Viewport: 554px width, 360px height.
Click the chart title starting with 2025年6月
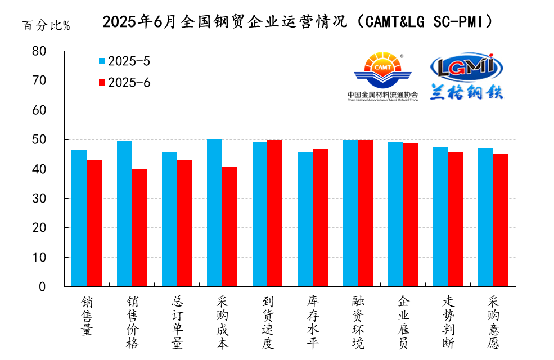tap(298, 22)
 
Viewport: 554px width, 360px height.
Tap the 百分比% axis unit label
tap(46, 26)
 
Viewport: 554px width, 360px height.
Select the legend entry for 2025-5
tap(124, 61)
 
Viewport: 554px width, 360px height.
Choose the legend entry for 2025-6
tap(124, 82)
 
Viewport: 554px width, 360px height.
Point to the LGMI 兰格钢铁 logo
tap(466, 76)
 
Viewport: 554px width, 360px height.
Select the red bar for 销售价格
tap(139, 228)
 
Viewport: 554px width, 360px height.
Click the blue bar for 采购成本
tap(214, 213)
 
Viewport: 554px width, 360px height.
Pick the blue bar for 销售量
tap(79, 218)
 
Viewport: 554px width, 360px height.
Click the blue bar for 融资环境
tap(350, 213)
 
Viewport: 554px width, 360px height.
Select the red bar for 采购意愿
tap(501, 220)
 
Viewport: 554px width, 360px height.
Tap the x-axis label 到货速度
tap(268, 322)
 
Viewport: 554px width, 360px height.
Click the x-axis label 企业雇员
tap(403, 322)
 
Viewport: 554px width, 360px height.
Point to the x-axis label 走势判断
tap(448, 322)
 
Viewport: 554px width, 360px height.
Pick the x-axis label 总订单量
tap(177, 322)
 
